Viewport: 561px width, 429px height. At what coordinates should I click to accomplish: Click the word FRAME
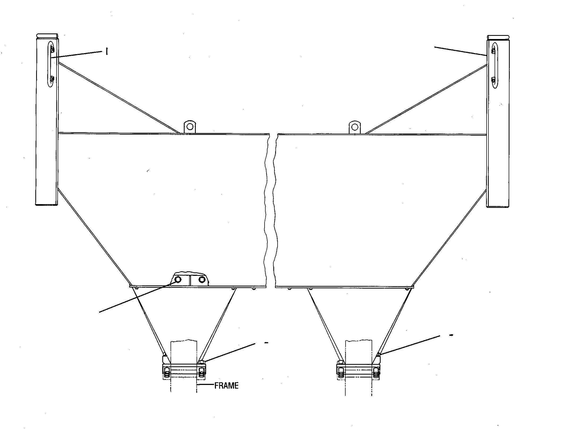pos(226,386)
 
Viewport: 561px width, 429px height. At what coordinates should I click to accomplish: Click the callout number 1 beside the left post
pos(107,52)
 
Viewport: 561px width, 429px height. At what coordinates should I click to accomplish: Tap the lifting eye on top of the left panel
pos(190,127)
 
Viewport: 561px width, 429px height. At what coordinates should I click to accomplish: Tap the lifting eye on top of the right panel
pos(355,127)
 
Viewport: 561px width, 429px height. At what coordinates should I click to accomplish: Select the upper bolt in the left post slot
pos(52,49)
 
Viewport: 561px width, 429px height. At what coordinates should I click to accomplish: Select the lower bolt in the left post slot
pos(52,79)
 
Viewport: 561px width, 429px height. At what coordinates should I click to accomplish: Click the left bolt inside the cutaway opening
pos(178,279)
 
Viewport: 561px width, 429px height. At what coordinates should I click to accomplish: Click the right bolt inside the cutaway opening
pos(202,279)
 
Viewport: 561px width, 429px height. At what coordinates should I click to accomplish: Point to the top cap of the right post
pos(498,37)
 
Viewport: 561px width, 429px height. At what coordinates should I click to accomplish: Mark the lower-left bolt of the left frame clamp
pos(167,372)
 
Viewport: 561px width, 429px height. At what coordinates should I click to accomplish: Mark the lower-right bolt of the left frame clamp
pos(202,372)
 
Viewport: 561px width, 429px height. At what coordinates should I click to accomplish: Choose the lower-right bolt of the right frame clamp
pos(376,372)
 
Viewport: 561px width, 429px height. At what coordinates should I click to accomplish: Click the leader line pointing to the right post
pos(460,52)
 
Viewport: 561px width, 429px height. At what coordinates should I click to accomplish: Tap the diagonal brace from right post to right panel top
pos(426,99)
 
